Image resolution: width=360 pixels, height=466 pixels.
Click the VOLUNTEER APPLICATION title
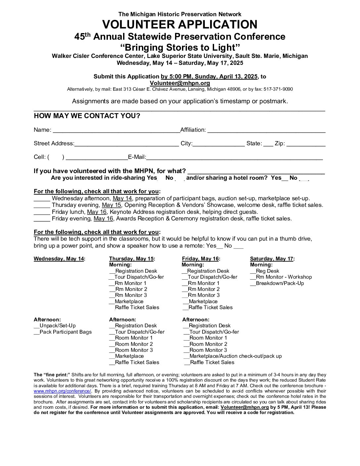[180, 25]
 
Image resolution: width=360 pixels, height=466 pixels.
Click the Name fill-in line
[116, 130]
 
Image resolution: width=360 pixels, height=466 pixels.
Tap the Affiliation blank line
[266, 130]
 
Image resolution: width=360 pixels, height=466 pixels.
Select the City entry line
[218, 144]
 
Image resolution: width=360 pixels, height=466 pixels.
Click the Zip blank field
[306, 144]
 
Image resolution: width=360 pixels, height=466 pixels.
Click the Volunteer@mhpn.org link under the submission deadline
[180, 83]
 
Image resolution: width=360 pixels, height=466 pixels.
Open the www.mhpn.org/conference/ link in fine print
[62, 391]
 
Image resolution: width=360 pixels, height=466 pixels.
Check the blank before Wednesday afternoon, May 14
[42, 199]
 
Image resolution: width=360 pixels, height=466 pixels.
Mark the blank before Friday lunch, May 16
[42, 212]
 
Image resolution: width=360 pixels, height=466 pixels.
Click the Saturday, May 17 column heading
[272, 259]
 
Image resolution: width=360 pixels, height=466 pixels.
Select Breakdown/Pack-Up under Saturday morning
[279, 283]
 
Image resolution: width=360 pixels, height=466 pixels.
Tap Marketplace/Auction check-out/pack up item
[235, 356]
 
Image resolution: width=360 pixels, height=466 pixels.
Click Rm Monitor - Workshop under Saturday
[283, 277]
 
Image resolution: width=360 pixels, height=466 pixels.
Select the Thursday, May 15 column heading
[132, 259]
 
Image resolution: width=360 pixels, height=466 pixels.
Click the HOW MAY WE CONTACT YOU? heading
[87, 116]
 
